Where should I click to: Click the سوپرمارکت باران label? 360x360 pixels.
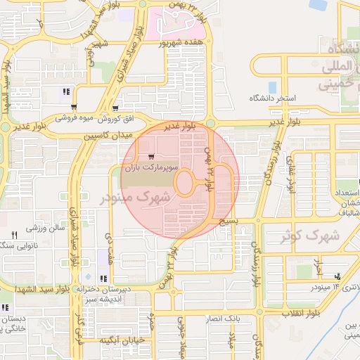pos(148,169)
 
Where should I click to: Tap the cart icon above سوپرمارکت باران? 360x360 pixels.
pos(151,157)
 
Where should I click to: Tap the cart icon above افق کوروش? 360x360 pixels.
pos(112,108)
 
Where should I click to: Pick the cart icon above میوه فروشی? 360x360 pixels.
pos(74,107)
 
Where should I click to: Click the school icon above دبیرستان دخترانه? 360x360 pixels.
pos(104,278)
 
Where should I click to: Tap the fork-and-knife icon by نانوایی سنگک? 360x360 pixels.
pos(13,234)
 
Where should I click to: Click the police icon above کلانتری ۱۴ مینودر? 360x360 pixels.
pos(339,276)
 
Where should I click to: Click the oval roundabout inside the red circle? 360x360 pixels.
pos(186,183)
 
